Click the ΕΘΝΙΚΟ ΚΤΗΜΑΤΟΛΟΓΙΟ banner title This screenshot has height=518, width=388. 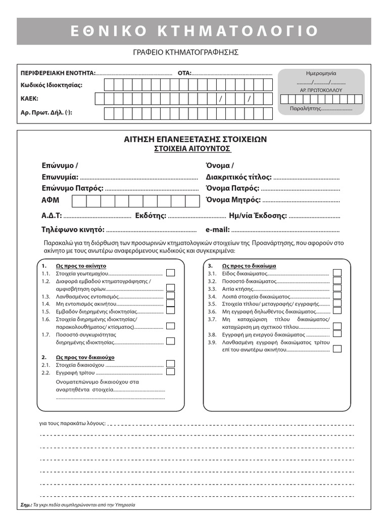[x=194, y=31]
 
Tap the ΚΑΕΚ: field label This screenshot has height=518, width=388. [x=29, y=99]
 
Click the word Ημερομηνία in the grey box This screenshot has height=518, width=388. [x=321, y=73]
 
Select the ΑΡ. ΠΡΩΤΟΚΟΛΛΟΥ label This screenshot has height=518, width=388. [x=321, y=90]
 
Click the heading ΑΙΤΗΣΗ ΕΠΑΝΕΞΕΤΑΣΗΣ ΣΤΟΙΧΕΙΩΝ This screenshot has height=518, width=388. [x=195, y=139]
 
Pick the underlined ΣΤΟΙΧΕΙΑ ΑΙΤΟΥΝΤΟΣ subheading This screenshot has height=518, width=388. [x=192, y=149]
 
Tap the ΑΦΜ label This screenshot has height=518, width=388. [x=51, y=201]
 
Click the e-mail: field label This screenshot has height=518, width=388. [x=218, y=229]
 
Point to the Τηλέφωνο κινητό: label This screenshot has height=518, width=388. [x=73, y=229]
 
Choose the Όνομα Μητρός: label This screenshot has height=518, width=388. [x=232, y=200]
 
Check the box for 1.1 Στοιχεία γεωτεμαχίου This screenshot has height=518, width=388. [x=171, y=273]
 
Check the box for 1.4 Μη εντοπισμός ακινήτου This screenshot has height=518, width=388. [x=171, y=304]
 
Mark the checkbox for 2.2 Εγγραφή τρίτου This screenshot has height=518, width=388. [x=171, y=372]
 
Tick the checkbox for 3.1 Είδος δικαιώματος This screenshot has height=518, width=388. [x=337, y=273]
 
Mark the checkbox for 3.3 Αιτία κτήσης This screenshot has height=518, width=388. [x=337, y=288]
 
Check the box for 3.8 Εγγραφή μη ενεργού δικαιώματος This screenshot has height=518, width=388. [x=337, y=334]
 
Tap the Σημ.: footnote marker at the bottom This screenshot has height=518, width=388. [x=27, y=504]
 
